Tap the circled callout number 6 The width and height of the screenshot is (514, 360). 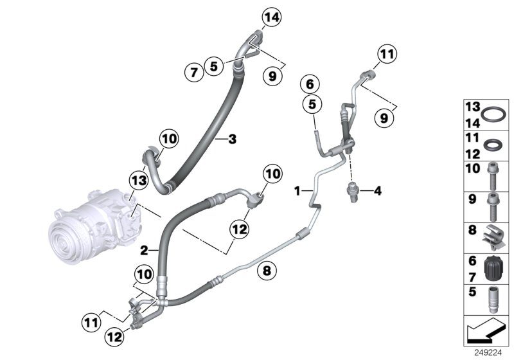click(x=310, y=84)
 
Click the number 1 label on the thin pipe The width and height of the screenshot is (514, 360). click(x=297, y=190)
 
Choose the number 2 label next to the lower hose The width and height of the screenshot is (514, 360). click(x=145, y=249)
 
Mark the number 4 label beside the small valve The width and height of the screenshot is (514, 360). click(x=378, y=190)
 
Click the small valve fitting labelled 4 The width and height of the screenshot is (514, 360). click(x=353, y=190)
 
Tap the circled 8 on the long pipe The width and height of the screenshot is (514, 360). click(x=265, y=271)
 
